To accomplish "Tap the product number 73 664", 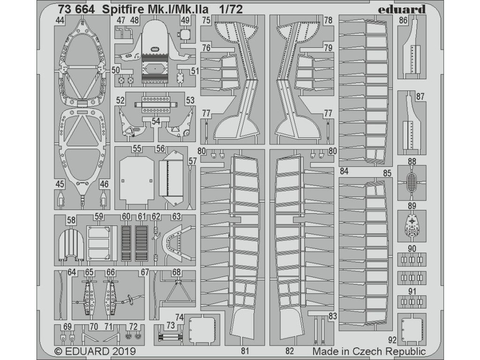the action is coord(73,9).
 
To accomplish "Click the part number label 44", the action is coord(60,20).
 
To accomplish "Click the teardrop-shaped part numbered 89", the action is coord(412,225).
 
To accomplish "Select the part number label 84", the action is coord(345,172).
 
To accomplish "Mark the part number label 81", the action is coord(244,350).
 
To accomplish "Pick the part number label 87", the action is coord(420,96).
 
